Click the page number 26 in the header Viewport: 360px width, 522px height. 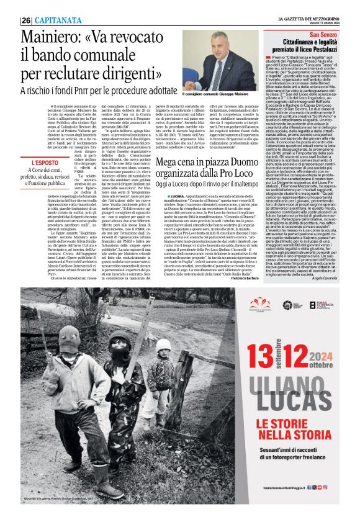(x=26, y=20)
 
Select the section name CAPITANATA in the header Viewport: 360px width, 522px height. (x=54, y=20)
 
